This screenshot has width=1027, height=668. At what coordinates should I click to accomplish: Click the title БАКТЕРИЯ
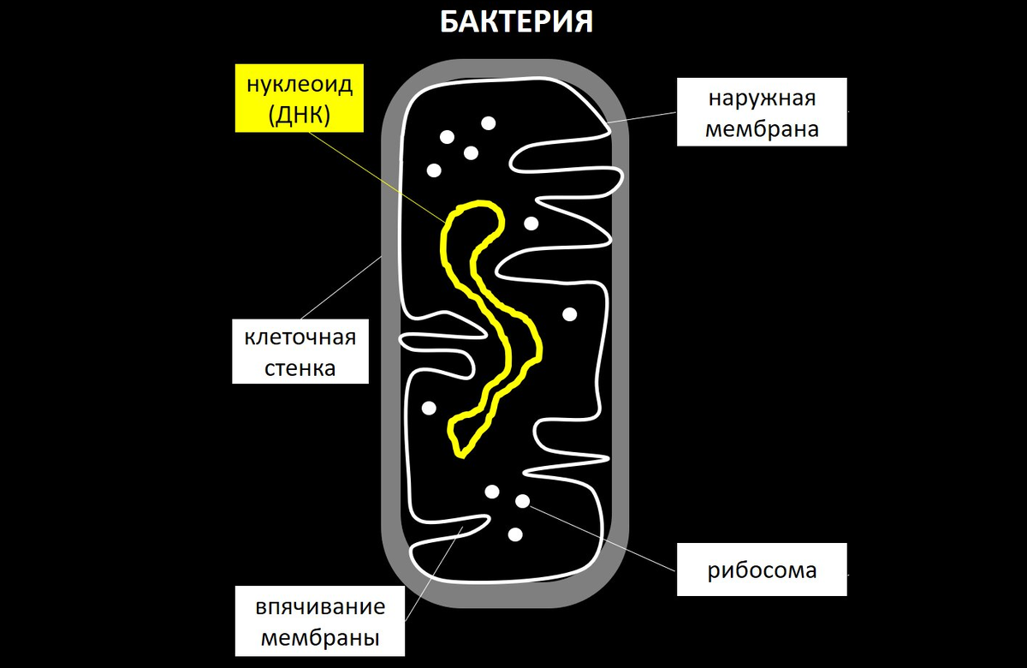click(x=516, y=22)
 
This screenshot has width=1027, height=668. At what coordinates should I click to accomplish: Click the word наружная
click(x=762, y=98)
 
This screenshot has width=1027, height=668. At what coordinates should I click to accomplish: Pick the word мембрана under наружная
click(x=762, y=129)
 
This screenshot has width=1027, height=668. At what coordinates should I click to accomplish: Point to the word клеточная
click(x=300, y=337)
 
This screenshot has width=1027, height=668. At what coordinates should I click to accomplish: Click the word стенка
click(x=300, y=369)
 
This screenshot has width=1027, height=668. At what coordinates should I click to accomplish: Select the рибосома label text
click(x=762, y=570)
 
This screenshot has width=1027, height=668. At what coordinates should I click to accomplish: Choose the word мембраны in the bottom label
click(x=320, y=638)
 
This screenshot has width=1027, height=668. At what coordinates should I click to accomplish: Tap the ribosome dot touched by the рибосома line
click(x=522, y=501)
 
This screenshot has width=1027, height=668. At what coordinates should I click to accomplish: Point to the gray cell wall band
click(x=390, y=343)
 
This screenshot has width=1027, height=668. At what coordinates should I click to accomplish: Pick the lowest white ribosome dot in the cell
click(x=515, y=534)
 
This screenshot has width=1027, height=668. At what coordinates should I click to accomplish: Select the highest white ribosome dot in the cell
click(x=488, y=123)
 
